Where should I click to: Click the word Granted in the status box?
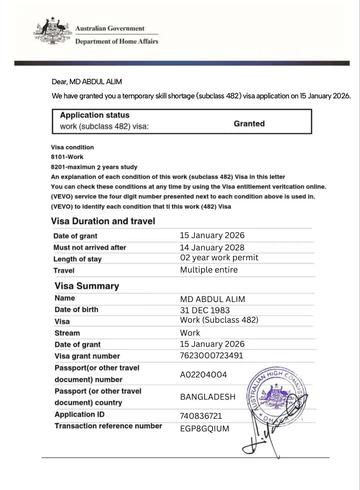point(249,124)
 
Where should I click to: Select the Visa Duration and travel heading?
point(103,221)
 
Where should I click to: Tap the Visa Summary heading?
point(87,286)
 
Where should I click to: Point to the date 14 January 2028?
point(212,247)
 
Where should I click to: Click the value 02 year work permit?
point(219,258)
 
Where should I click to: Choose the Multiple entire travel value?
point(209,270)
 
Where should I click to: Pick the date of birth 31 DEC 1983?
point(205,310)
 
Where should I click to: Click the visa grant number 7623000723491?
point(211,356)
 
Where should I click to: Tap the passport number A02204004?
point(203,375)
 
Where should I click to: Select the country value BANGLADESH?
point(208,397)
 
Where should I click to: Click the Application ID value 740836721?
point(201,416)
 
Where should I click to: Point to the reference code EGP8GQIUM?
point(205,429)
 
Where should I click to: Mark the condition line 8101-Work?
point(67,157)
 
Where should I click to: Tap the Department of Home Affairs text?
point(116,41)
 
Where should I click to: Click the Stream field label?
point(67,333)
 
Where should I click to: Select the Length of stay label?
point(77,259)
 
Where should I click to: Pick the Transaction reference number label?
point(108,426)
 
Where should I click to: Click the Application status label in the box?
point(95,115)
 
